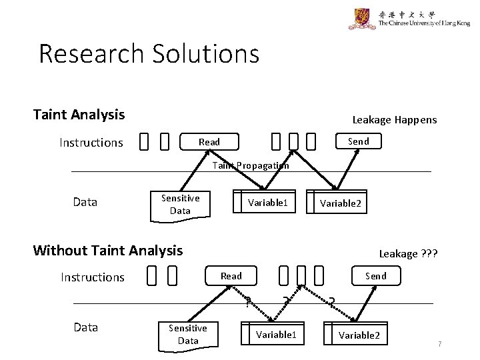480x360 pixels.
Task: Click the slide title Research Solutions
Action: click(x=149, y=54)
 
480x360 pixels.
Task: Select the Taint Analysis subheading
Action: click(x=79, y=115)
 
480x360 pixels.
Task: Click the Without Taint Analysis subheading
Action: click(x=107, y=251)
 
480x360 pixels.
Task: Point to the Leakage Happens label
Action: click(x=394, y=119)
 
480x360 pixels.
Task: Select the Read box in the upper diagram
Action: click(x=209, y=141)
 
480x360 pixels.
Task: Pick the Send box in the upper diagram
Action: click(x=358, y=141)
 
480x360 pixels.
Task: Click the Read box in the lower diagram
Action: click(x=231, y=275)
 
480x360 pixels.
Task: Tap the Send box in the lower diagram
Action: click(x=375, y=275)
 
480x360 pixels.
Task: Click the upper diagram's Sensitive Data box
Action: click(x=180, y=204)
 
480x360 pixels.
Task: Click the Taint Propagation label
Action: click(x=251, y=166)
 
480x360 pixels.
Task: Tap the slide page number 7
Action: click(x=439, y=344)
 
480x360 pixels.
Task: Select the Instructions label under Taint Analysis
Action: click(x=91, y=142)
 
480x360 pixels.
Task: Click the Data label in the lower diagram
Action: click(x=85, y=327)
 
